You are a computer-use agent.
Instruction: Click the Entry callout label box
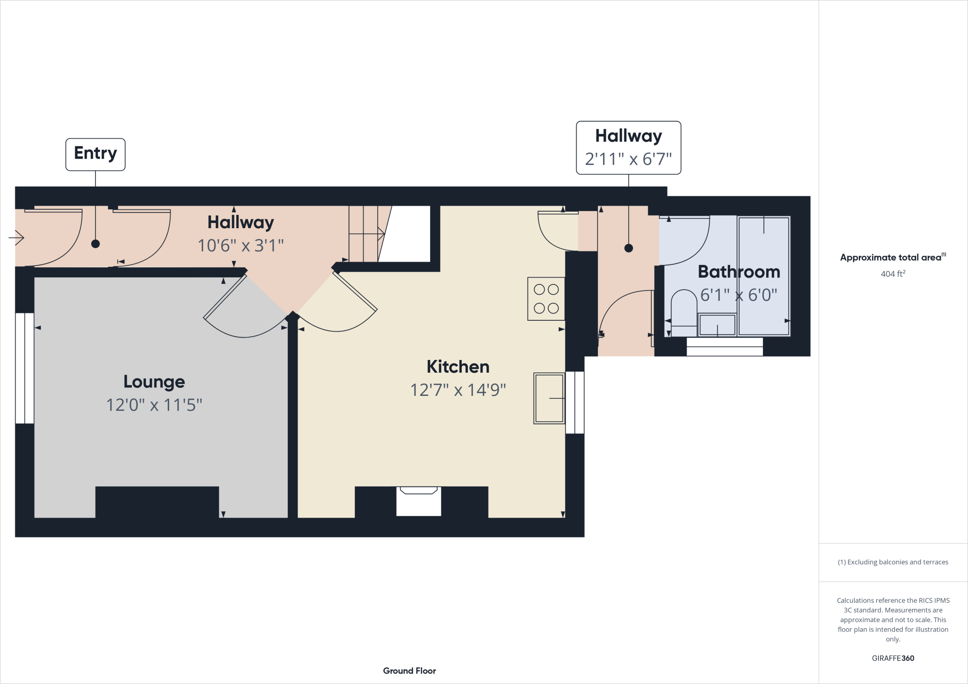[x=95, y=154]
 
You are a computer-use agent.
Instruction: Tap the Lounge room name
[x=154, y=382]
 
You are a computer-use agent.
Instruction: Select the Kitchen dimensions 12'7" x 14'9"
[x=458, y=390]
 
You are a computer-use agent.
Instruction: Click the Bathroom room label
[x=738, y=272]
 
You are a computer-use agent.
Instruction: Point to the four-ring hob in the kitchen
[x=546, y=299]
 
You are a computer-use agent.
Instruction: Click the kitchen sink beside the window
[x=549, y=398]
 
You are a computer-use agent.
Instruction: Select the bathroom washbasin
[x=717, y=325]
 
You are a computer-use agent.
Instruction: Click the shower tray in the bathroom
[x=763, y=276]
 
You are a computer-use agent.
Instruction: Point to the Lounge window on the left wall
[x=24, y=368]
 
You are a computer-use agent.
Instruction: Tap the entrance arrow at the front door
[x=17, y=238]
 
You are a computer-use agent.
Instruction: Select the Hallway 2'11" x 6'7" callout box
[x=628, y=148]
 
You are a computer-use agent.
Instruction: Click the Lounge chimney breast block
[x=157, y=503]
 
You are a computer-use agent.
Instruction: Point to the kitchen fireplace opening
[x=418, y=503]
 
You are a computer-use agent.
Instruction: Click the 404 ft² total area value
[x=892, y=274]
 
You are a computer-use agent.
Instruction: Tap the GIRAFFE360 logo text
[x=892, y=658]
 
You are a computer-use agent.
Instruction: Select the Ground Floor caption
[x=409, y=671]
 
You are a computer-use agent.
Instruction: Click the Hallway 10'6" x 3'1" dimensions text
[x=240, y=246]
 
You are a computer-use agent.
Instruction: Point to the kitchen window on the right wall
[x=575, y=402]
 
